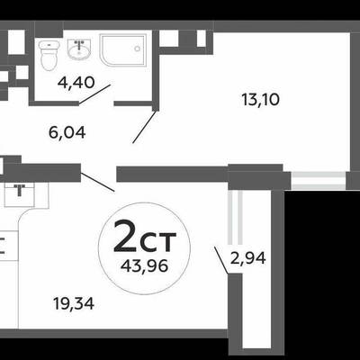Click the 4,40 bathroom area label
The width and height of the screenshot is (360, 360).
(76, 82)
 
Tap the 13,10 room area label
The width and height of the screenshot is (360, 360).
(260, 100)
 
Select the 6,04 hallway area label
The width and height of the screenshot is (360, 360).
(67, 132)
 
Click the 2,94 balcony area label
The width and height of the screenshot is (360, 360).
(247, 258)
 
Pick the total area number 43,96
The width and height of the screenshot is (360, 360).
(144, 265)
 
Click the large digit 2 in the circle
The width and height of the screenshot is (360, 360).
(124, 236)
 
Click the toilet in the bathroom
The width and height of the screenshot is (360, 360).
(49, 56)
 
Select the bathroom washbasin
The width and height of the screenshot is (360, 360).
(79, 49)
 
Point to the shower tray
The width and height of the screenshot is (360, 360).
(123, 50)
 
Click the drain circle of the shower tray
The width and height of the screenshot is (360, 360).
(138, 49)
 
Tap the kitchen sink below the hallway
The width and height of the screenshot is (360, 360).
(20, 195)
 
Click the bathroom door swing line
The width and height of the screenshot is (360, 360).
(94, 94)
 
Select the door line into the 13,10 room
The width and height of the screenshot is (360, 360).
(145, 127)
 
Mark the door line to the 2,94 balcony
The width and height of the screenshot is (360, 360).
(221, 260)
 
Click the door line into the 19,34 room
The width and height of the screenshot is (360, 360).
(97, 182)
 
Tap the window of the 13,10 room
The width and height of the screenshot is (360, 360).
(319, 181)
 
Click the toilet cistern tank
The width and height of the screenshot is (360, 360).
(49, 45)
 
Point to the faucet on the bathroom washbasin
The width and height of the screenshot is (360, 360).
(79, 46)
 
